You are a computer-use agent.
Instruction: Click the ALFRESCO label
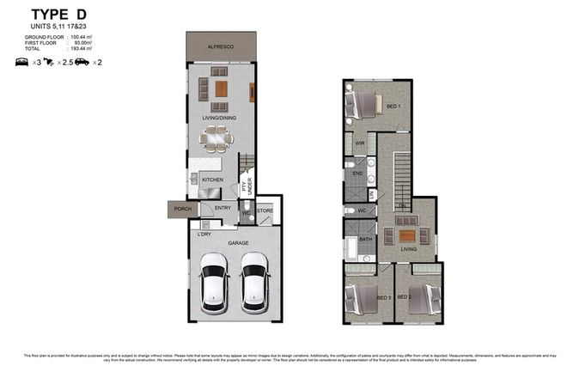pyautogui.click(x=222, y=48)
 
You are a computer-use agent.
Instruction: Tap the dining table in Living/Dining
pyautogui.click(x=216, y=137)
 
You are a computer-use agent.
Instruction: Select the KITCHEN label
pyautogui.click(x=213, y=180)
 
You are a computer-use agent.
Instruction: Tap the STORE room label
pyautogui.click(x=265, y=210)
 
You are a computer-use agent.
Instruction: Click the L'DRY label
pyautogui.click(x=204, y=234)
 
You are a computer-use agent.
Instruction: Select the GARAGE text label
pyautogui.click(x=238, y=243)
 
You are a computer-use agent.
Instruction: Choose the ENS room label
pyautogui.click(x=357, y=174)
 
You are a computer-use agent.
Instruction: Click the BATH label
pyautogui.click(x=364, y=240)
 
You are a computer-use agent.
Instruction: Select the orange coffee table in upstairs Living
pyautogui.click(x=406, y=235)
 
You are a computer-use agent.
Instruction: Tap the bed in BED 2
pyautogui.click(x=425, y=300)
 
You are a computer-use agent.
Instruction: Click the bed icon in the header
pyautogui.click(x=22, y=62)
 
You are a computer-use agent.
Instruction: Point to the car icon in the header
pyautogui.click(x=82, y=62)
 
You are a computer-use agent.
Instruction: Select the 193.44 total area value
pyautogui.click(x=82, y=49)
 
